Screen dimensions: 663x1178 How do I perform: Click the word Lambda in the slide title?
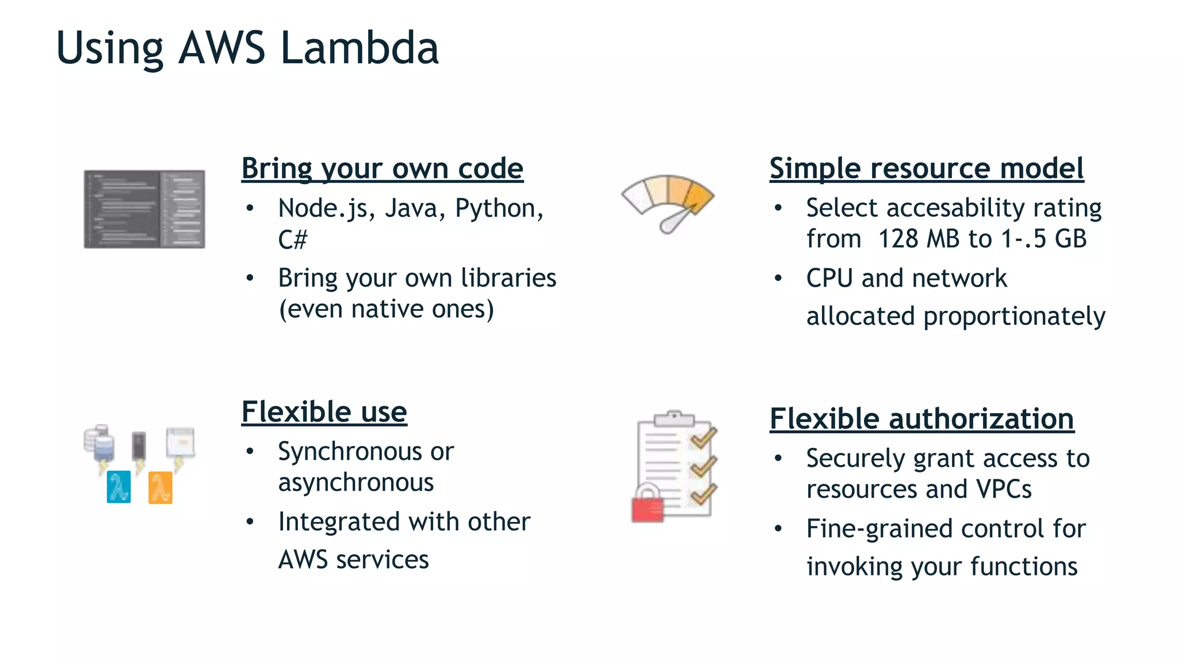click(x=359, y=48)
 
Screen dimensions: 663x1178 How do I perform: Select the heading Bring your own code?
click(x=382, y=169)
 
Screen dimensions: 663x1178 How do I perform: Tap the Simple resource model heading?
click(x=926, y=169)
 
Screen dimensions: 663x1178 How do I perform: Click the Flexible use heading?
click(x=324, y=412)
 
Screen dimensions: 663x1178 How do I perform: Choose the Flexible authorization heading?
click(x=921, y=419)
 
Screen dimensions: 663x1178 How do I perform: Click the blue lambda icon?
click(x=119, y=487)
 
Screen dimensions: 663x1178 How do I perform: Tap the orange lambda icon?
click(x=160, y=487)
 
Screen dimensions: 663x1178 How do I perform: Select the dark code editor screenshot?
click(x=144, y=209)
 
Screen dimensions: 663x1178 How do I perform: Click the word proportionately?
click(x=1014, y=317)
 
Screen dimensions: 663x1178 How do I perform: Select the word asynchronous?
click(x=355, y=482)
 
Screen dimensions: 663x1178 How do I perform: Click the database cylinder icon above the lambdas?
click(x=99, y=444)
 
